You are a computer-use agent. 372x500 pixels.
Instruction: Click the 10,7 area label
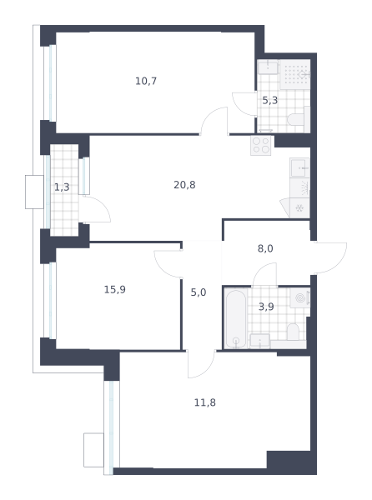point(146,82)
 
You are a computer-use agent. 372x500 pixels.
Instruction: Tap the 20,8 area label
point(184,185)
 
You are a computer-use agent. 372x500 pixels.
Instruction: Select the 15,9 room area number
point(115,289)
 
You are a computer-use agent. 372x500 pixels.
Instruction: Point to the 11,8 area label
point(205,402)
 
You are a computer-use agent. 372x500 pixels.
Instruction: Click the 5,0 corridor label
point(199,292)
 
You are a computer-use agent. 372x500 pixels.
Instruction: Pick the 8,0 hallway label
point(265,248)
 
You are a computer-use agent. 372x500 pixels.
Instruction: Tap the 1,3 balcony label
point(62,187)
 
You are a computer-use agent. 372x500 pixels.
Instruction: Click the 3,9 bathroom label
point(266,307)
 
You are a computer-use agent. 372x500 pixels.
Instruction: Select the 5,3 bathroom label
point(270,101)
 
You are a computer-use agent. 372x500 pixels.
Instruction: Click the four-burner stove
point(261,145)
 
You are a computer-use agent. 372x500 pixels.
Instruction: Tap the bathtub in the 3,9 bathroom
point(236,319)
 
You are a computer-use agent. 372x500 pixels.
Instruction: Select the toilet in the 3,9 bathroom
point(293,332)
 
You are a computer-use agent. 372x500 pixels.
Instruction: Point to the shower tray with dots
point(295,75)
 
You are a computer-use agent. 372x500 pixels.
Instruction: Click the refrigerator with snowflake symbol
point(299,207)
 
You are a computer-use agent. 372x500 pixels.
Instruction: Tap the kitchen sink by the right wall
point(299,167)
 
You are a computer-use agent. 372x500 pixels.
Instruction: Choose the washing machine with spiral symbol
point(300,297)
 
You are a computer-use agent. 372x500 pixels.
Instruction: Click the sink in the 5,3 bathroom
point(268,67)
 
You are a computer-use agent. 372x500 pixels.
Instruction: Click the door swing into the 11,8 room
point(201,364)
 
